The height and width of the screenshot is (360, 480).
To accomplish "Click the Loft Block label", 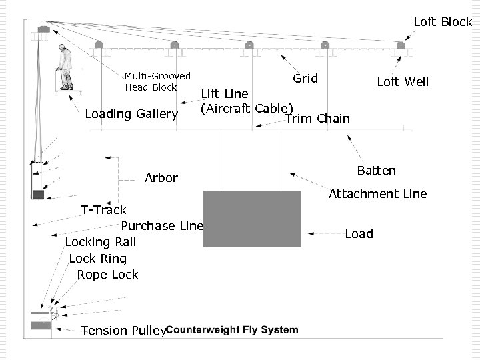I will [x=442, y=22].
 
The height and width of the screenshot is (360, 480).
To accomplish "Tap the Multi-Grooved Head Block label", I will [x=157, y=82].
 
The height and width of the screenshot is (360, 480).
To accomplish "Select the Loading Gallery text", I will [x=131, y=114].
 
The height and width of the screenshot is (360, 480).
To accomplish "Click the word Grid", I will [x=305, y=79].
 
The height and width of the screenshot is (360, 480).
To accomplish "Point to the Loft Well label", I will [x=403, y=82].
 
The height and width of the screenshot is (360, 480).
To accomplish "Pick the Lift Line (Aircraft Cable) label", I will [x=247, y=101].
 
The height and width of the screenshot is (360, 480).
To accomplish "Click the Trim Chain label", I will [x=317, y=119].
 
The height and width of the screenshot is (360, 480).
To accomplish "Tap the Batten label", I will [x=376, y=171].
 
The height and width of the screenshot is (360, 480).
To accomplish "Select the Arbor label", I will [x=161, y=178].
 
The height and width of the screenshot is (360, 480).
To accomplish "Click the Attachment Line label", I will [x=377, y=194].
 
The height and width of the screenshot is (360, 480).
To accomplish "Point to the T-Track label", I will [x=103, y=210].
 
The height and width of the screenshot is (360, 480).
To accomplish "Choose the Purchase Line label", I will [x=161, y=226].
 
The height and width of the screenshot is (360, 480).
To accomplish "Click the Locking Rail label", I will [x=100, y=242].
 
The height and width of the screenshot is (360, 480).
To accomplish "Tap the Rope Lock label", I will [x=107, y=275].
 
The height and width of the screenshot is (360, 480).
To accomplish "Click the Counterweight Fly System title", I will [x=231, y=330].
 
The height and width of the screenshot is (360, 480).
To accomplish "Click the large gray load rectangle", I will [x=253, y=219].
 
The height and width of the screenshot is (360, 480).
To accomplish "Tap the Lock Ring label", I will [x=97, y=259].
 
